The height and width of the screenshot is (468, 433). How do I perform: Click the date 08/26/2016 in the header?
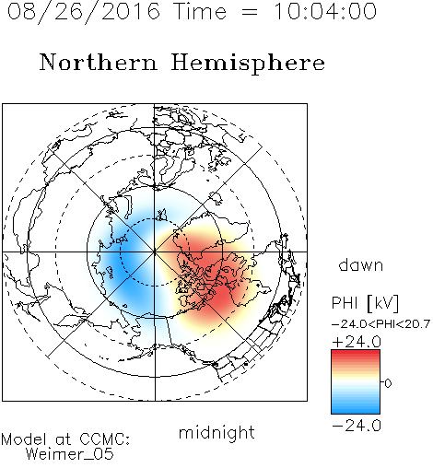84,12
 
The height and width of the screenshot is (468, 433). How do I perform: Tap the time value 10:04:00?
325,11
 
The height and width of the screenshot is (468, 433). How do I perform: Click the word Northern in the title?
99,62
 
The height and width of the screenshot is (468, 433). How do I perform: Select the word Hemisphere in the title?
248,63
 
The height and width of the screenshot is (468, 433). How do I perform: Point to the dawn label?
361,264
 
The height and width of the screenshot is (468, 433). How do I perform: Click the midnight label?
216,433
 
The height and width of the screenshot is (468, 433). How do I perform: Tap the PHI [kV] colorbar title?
366,303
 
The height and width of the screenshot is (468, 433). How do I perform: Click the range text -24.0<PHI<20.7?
381,323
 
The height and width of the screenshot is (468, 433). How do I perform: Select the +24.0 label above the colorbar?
357,342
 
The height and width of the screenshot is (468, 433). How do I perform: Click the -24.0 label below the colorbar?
357,426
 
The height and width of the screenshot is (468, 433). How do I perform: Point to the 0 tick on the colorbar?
388,383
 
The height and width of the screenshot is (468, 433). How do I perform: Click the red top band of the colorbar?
356,357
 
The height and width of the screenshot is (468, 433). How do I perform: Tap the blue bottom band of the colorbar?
356,407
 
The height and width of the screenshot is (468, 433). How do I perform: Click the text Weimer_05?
70,454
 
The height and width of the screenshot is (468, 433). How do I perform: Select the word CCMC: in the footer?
104,439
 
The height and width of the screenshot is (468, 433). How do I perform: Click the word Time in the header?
200,11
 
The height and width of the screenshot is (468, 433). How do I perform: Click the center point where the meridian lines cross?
155,252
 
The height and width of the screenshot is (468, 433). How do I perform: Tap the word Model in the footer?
24,439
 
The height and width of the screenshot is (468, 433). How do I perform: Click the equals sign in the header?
250,12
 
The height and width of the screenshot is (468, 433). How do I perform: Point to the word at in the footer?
64,439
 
